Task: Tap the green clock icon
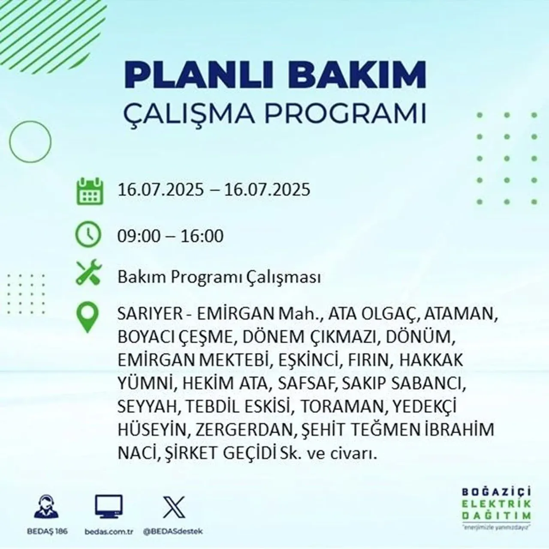88,235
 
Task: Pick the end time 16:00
202,236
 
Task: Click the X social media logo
174,507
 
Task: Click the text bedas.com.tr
109,531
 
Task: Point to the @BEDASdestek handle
172,531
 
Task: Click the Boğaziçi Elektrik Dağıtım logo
497,508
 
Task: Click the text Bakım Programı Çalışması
219,278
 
